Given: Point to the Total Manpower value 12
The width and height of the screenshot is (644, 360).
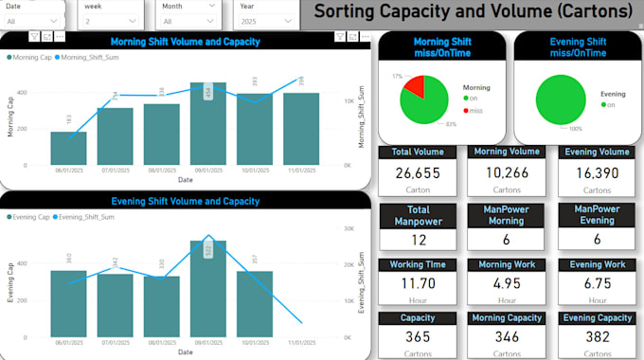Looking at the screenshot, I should point(419,241).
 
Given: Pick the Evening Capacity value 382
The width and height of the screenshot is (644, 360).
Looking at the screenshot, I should point(597,337).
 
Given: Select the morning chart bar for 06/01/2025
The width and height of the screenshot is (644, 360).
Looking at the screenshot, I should point(69,148).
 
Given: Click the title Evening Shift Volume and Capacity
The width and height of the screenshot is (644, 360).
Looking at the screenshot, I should point(186,201).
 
